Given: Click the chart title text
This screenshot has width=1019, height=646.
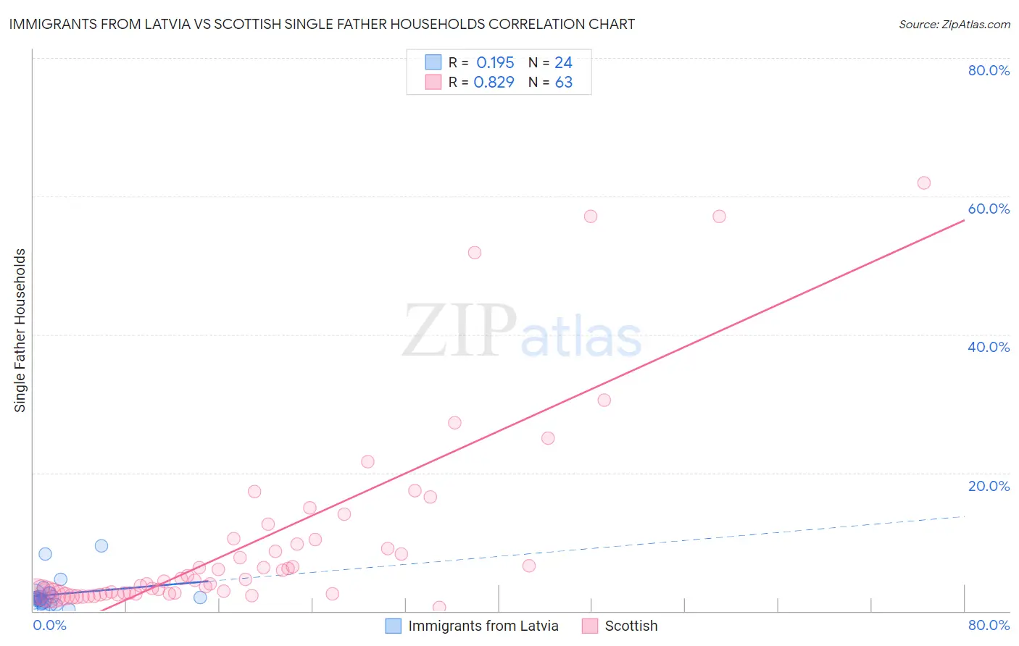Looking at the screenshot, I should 322,24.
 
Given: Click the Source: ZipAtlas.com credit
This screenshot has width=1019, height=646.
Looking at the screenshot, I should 954,24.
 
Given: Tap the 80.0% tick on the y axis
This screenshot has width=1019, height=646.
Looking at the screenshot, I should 989,70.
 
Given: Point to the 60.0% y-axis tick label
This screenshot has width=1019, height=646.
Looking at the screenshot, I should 989,209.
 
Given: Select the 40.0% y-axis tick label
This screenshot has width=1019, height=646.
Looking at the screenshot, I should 989,347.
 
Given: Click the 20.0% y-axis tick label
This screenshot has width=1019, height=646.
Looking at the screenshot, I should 989,486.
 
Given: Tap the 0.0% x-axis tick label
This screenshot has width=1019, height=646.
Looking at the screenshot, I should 49,625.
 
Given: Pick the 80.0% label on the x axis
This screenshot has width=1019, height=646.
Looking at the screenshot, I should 989,625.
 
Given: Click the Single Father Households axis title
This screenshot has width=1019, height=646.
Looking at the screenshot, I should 20,330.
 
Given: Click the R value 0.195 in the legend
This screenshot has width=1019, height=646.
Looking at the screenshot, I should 495,63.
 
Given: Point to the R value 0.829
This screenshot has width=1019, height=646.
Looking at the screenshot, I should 494,83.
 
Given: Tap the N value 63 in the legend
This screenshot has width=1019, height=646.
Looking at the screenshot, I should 564,83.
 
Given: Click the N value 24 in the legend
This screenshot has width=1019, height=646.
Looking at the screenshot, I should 564,63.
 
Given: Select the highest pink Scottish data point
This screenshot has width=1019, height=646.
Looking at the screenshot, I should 923,183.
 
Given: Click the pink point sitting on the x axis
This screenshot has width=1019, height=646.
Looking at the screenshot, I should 438,608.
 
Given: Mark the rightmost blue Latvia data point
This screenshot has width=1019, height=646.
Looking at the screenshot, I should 200,597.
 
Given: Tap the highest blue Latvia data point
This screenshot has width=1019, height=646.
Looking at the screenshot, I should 101,546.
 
